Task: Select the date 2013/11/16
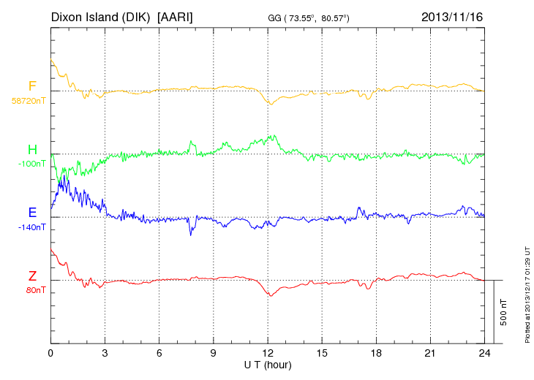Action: point(452,16)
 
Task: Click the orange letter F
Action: point(32,86)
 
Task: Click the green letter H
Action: point(32,150)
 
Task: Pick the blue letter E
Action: point(32,213)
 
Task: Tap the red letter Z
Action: point(32,276)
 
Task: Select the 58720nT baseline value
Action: point(28,101)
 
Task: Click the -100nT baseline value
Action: point(31,164)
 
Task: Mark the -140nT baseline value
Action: point(31,227)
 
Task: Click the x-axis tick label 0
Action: point(50,353)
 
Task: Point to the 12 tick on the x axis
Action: point(267,353)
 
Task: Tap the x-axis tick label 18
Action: point(375,353)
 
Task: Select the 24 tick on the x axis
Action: point(484,353)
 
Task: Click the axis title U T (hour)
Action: point(267,365)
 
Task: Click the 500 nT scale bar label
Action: point(504,312)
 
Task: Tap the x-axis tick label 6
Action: point(159,353)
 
